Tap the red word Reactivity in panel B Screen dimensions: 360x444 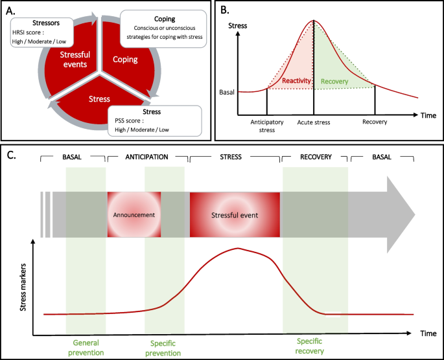pos(298,80)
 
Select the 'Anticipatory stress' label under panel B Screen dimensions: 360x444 pos(267,125)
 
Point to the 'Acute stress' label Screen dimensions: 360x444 pos(316,121)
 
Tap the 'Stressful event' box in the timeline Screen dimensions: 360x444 pos(234,214)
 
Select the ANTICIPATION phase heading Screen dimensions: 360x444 pos(147,157)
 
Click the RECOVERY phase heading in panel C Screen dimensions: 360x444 pos(316,157)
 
